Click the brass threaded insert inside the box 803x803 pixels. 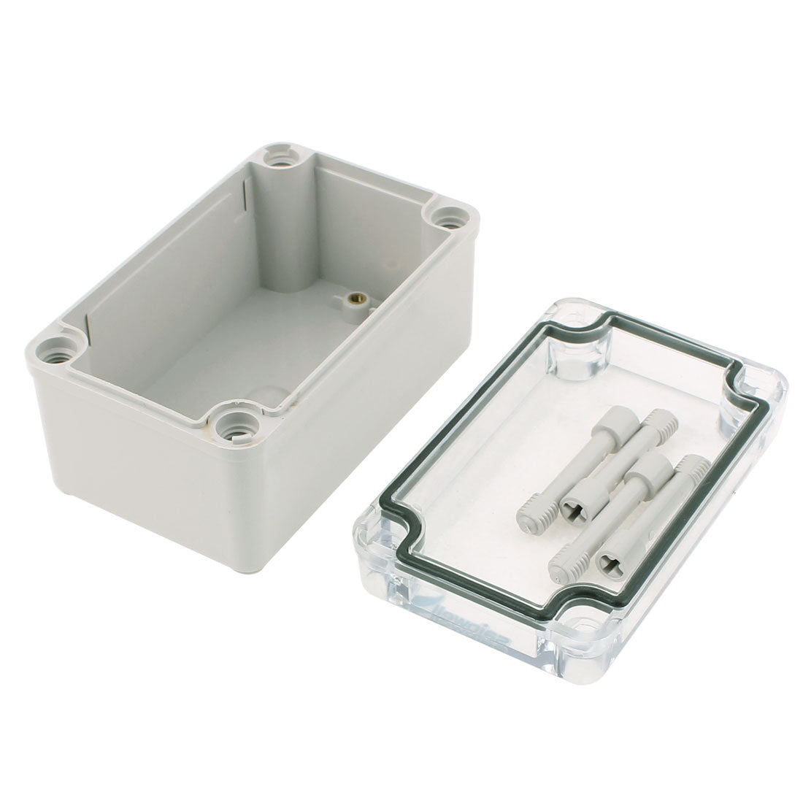pos(358,298)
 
